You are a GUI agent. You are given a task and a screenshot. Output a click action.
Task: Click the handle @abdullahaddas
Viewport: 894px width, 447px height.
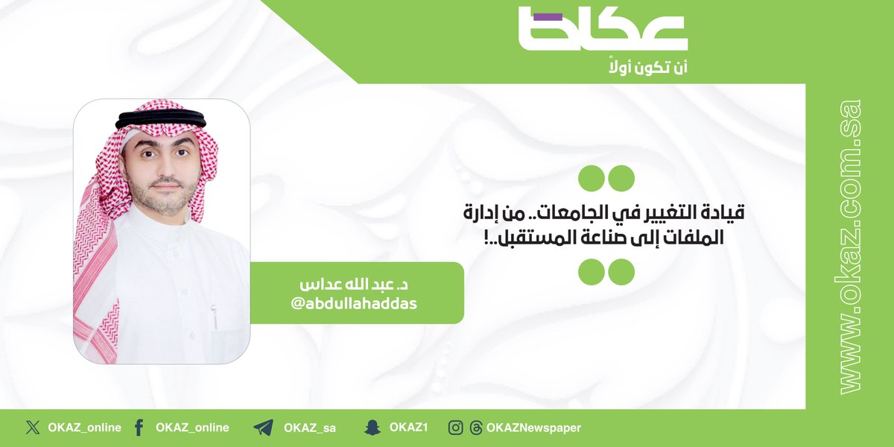coord(356,304)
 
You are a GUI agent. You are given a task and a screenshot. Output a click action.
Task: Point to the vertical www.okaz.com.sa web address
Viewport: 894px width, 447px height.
coord(850,246)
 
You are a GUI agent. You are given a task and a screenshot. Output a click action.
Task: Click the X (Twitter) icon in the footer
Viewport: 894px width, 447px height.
coord(31,428)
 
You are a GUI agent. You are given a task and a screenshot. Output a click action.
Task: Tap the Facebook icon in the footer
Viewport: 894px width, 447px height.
coord(139,428)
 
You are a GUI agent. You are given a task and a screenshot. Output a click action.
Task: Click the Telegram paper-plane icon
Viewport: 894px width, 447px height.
coord(263,428)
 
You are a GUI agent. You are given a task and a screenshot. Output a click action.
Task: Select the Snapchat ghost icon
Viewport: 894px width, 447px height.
coord(371,428)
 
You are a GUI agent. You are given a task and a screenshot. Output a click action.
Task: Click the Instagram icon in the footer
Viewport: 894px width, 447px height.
coord(456,428)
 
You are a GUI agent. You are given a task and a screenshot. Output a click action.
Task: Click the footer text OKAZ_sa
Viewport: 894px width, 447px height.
coord(309,428)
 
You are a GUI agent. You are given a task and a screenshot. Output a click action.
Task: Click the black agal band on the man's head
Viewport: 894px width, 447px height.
coord(161,117)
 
